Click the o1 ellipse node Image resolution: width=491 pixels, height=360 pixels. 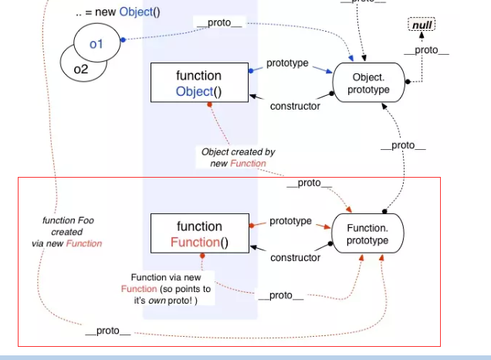click(x=97, y=42)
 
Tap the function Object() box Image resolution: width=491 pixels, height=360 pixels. click(x=199, y=83)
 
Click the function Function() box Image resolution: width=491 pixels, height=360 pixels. click(x=200, y=233)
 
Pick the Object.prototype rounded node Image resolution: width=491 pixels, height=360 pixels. click(x=368, y=83)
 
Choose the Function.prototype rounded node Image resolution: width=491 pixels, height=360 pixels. click(x=367, y=233)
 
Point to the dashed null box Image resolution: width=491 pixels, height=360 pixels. click(x=422, y=25)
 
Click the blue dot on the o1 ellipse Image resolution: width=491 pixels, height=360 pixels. click(x=123, y=40)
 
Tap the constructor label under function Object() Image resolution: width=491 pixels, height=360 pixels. click(x=295, y=106)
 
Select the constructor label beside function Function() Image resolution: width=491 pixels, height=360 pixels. click(x=295, y=257)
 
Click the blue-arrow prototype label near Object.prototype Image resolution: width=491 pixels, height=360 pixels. click(x=287, y=63)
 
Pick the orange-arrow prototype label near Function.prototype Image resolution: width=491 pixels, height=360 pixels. click(x=290, y=221)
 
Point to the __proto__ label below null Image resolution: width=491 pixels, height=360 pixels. click(x=426, y=50)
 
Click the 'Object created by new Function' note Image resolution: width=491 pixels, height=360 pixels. click(x=238, y=158)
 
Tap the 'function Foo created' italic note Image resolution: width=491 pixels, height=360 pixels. click(x=67, y=232)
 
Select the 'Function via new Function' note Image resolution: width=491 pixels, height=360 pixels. click(x=166, y=289)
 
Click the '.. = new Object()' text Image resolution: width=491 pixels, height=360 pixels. click(x=118, y=12)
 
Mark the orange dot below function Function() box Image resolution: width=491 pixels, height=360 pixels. click(x=202, y=256)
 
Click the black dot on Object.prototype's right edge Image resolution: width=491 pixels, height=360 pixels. click(x=408, y=82)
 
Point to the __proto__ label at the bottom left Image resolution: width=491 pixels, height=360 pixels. click(x=108, y=331)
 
